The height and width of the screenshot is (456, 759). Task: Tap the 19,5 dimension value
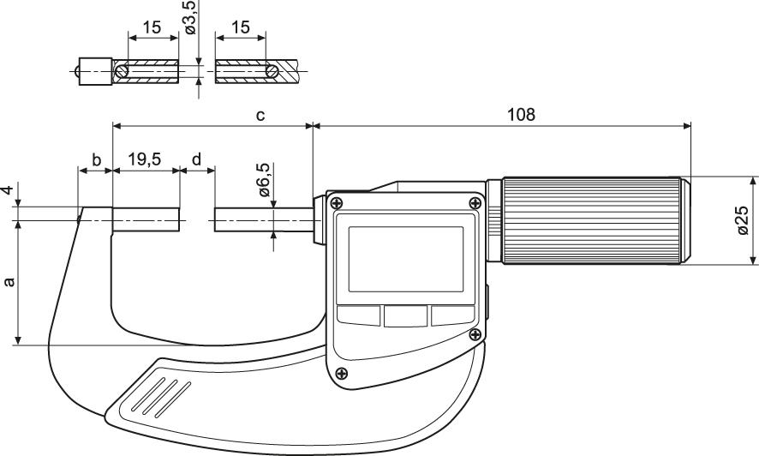click(x=145, y=159)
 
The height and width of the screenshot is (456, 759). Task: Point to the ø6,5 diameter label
click(x=264, y=180)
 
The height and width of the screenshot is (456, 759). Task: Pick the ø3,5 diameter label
click(x=191, y=18)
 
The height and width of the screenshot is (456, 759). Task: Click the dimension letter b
click(x=96, y=159)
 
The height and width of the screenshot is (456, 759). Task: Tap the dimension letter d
click(x=197, y=159)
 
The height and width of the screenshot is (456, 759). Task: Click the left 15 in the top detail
click(x=152, y=27)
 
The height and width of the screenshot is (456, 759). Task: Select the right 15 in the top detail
click(x=241, y=27)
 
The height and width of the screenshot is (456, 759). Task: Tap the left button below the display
click(x=358, y=315)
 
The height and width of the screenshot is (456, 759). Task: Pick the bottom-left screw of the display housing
click(x=343, y=373)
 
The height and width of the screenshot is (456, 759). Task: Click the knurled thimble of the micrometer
click(x=596, y=221)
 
